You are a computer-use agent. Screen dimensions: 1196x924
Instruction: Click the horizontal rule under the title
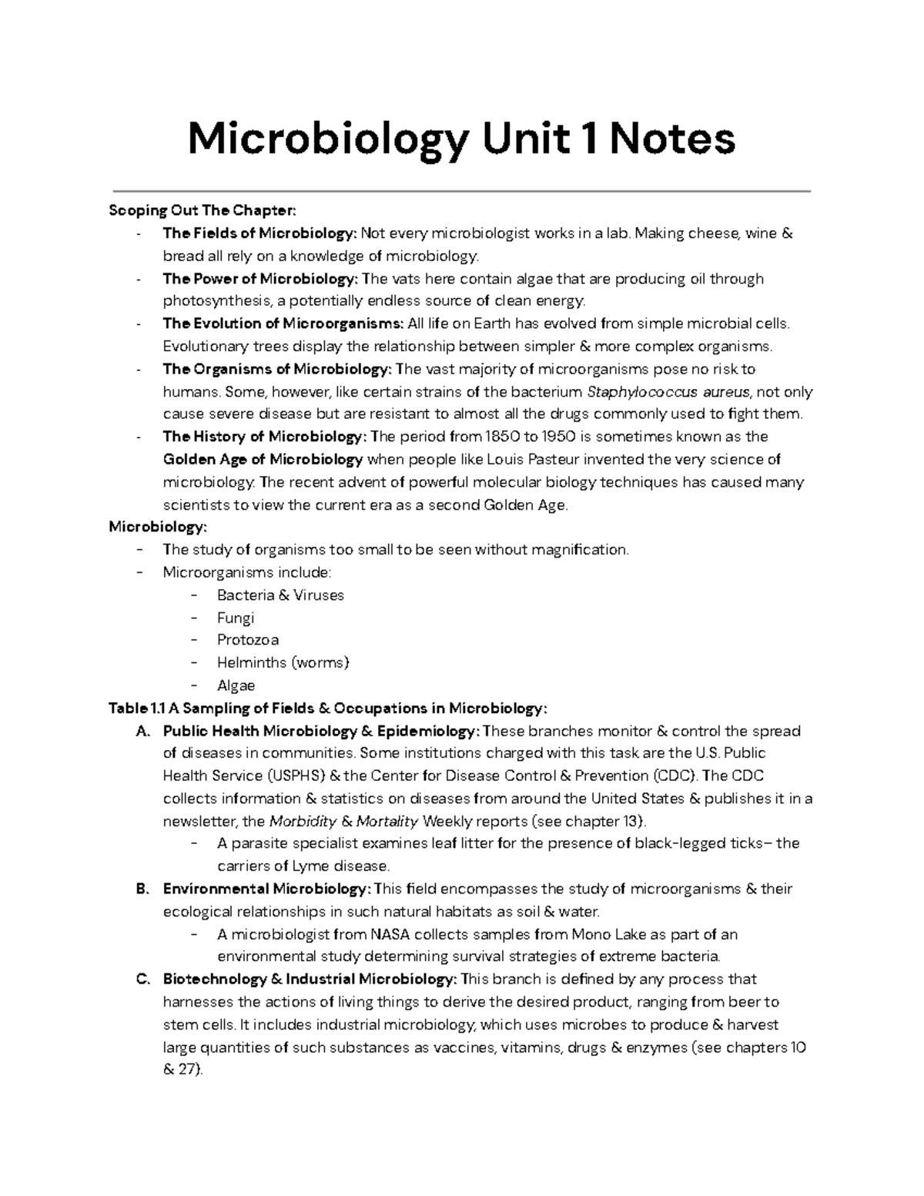[462, 190]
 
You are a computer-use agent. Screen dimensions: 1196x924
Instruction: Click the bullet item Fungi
[235, 618]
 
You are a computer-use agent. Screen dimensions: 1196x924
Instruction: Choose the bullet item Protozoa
[247, 640]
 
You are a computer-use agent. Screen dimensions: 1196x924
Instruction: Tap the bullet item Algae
[236, 685]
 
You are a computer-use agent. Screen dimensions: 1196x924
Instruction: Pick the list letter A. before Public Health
[142, 731]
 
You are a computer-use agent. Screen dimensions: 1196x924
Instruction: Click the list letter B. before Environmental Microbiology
[142, 889]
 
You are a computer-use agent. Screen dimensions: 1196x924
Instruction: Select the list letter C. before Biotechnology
[142, 980]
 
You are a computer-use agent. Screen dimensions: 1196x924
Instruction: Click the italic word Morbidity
[302, 821]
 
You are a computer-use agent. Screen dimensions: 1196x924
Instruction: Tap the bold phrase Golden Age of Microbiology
[263, 460]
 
